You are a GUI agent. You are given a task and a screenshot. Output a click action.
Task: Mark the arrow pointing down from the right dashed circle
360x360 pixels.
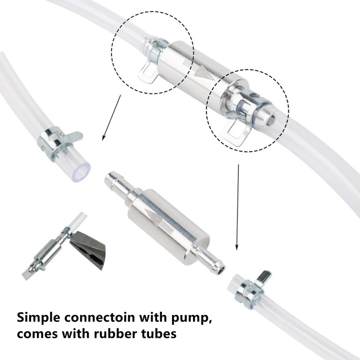point(237,207)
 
